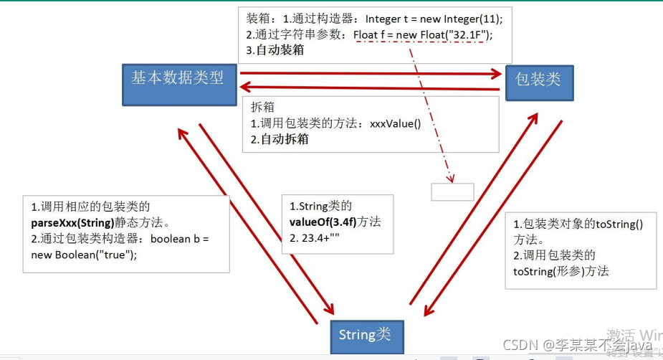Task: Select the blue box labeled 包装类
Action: tap(539, 78)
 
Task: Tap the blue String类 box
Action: tap(366, 335)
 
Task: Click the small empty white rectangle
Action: tap(452, 191)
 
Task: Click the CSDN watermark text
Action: tap(520, 345)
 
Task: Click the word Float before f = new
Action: tap(366, 36)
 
